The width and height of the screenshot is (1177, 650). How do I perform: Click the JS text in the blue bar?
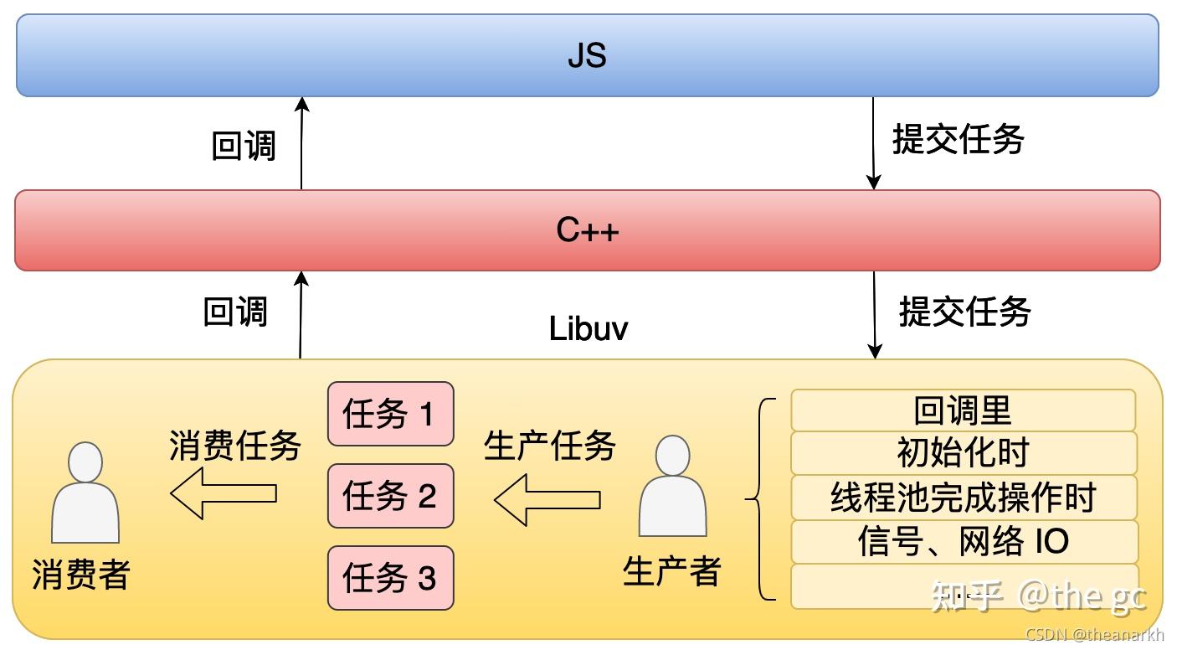coord(587,56)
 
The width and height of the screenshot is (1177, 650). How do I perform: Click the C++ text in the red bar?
coord(587,230)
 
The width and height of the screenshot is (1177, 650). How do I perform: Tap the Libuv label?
coord(588,329)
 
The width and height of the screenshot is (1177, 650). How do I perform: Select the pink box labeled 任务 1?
coord(390,414)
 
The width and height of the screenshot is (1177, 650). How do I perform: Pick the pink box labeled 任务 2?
coord(390,496)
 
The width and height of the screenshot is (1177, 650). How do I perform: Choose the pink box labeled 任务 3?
coord(390,578)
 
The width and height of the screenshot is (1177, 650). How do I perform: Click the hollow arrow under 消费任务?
coord(223,493)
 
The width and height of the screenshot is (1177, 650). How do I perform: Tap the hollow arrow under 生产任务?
coord(547,500)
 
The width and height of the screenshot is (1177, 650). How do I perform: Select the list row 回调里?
coord(963,410)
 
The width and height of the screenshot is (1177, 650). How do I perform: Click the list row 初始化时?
coord(963,453)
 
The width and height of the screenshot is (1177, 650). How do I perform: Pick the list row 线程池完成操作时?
coord(963,498)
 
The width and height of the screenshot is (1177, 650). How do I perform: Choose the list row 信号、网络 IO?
coord(963,541)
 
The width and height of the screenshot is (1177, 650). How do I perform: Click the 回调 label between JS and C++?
coord(243,146)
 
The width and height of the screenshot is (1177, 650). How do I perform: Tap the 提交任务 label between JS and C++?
coord(958,139)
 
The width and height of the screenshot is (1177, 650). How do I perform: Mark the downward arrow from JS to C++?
coord(874,143)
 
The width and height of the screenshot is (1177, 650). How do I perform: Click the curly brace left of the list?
coord(758,499)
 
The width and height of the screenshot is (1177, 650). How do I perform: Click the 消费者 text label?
coord(81,575)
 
